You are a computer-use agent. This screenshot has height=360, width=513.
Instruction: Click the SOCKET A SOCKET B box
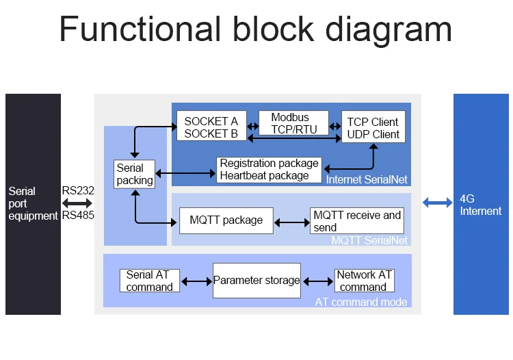[x=211, y=127]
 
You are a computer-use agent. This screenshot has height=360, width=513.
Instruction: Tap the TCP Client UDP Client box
[x=373, y=127]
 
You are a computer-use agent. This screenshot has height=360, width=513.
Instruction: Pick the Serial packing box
[x=134, y=174]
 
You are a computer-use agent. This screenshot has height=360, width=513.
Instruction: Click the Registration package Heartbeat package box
[x=269, y=169]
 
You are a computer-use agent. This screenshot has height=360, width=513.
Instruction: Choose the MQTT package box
[x=226, y=220]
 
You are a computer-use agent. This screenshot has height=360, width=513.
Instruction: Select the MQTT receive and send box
[x=357, y=220]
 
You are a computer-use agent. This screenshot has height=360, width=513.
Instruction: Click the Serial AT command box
[x=149, y=281]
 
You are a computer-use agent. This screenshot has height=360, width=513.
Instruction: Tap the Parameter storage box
[x=256, y=280]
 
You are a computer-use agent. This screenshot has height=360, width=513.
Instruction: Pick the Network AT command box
[x=364, y=281]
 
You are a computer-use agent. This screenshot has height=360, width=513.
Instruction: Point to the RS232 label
[x=78, y=191]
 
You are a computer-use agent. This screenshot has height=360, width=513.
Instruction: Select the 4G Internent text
[x=480, y=205]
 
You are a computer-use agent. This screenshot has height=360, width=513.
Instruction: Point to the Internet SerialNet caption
[x=367, y=180]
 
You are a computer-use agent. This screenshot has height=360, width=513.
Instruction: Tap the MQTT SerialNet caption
[x=369, y=240]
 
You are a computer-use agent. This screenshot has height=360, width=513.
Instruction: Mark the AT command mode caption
[x=360, y=302]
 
